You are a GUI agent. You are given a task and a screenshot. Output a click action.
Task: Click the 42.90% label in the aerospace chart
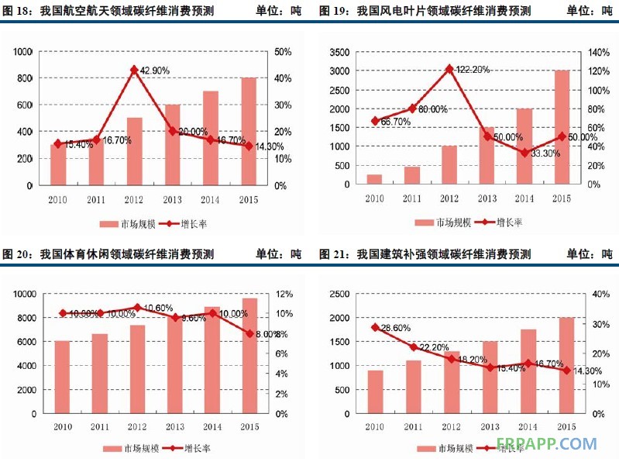(155, 71)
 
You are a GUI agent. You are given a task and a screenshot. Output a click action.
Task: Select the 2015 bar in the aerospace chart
(248, 131)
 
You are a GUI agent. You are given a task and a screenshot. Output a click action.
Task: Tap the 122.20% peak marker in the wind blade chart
(449, 69)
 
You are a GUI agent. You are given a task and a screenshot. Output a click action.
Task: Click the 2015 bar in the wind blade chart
(562, 127)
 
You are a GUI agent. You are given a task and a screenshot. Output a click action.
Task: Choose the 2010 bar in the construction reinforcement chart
(375, 391)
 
